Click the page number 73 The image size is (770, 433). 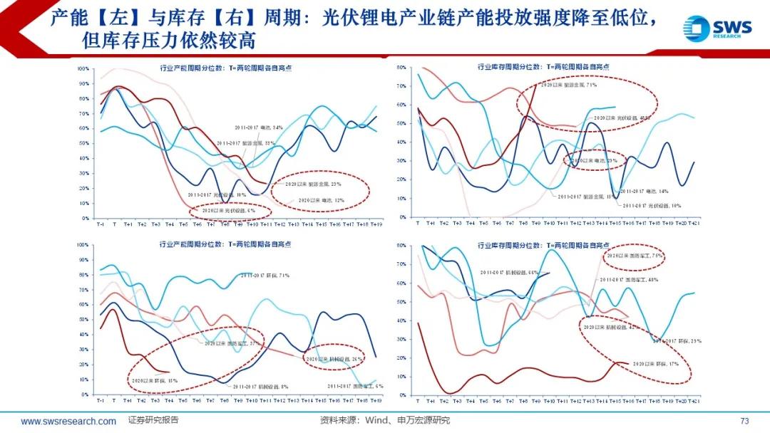(x=745, y=420)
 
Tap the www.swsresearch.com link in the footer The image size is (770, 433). (x=68, y=421)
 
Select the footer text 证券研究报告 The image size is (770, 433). (x=153, y=420)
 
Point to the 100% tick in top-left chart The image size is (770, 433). (x=83, y=69)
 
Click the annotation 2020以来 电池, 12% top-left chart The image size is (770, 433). (x=322, y=200)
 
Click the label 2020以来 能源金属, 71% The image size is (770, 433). (x=568, y=85)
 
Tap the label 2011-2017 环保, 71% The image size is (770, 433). (x=264, y=274)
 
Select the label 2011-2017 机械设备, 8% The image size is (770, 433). (x=260, y=387)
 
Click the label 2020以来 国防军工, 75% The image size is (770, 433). (x=635, y=254)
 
